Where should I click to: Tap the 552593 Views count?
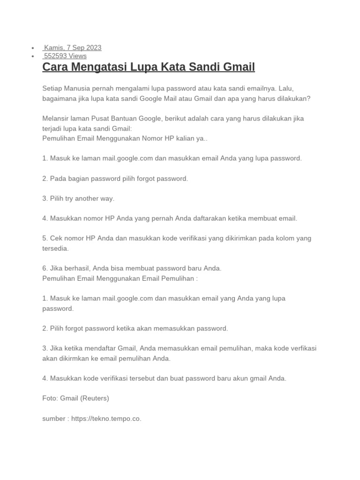tap(65, 56)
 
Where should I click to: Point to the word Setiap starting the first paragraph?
tap(52, 88)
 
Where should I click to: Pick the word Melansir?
tap(56, 118)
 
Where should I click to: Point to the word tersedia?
tap(55, 248)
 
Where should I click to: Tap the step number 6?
tap(45, 268)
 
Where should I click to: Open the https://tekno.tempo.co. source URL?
tap(106, 419)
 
